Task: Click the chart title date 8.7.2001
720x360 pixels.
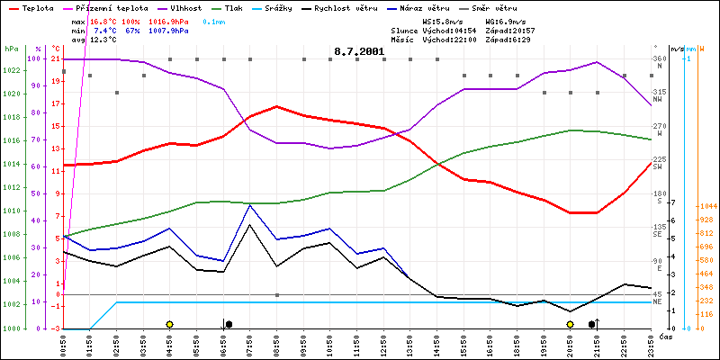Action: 359,51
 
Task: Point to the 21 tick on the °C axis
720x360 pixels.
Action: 56,58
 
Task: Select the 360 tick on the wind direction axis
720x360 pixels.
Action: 659,58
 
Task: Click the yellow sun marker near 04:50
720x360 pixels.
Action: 169,324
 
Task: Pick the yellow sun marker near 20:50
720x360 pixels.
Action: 570,324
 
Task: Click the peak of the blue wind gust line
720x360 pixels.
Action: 249,205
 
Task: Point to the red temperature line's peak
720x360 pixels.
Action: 276,106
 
